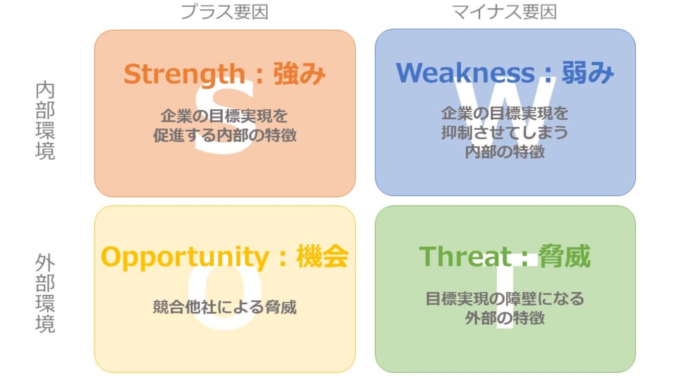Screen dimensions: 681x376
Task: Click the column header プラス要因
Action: [x=224, y=12]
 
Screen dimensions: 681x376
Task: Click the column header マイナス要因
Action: [x=504, y=12]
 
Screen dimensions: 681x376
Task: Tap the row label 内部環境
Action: [x=45, y=120]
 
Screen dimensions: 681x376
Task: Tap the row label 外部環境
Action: [x=45, y=293]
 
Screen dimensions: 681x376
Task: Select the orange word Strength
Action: [x=185, y=74]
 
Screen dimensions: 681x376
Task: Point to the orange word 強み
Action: [x=299, y=73]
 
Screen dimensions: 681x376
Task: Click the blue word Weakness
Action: [x=465, y=73]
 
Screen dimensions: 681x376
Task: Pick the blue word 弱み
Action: [x=588, y=72]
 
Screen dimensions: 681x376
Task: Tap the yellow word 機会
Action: [x=323, y=256]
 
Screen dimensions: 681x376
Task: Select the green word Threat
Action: [x=465, y=256]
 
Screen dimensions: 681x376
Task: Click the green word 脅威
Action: [x=565, y=256]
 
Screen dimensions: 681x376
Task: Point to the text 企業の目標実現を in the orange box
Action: [x=224, y=116]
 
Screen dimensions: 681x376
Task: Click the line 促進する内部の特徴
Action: [x=225, y=135]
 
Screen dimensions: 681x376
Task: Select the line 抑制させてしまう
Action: [x=505, y=132]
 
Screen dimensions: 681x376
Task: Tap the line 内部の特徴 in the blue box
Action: [x=505, y=152]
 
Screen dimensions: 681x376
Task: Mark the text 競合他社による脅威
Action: [x=225, y=307]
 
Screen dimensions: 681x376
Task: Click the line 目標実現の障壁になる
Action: [x=505, y=299]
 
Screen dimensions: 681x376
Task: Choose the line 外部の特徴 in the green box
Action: [x=505, y=318]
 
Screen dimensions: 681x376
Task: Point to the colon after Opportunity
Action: [x=283, y=258]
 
